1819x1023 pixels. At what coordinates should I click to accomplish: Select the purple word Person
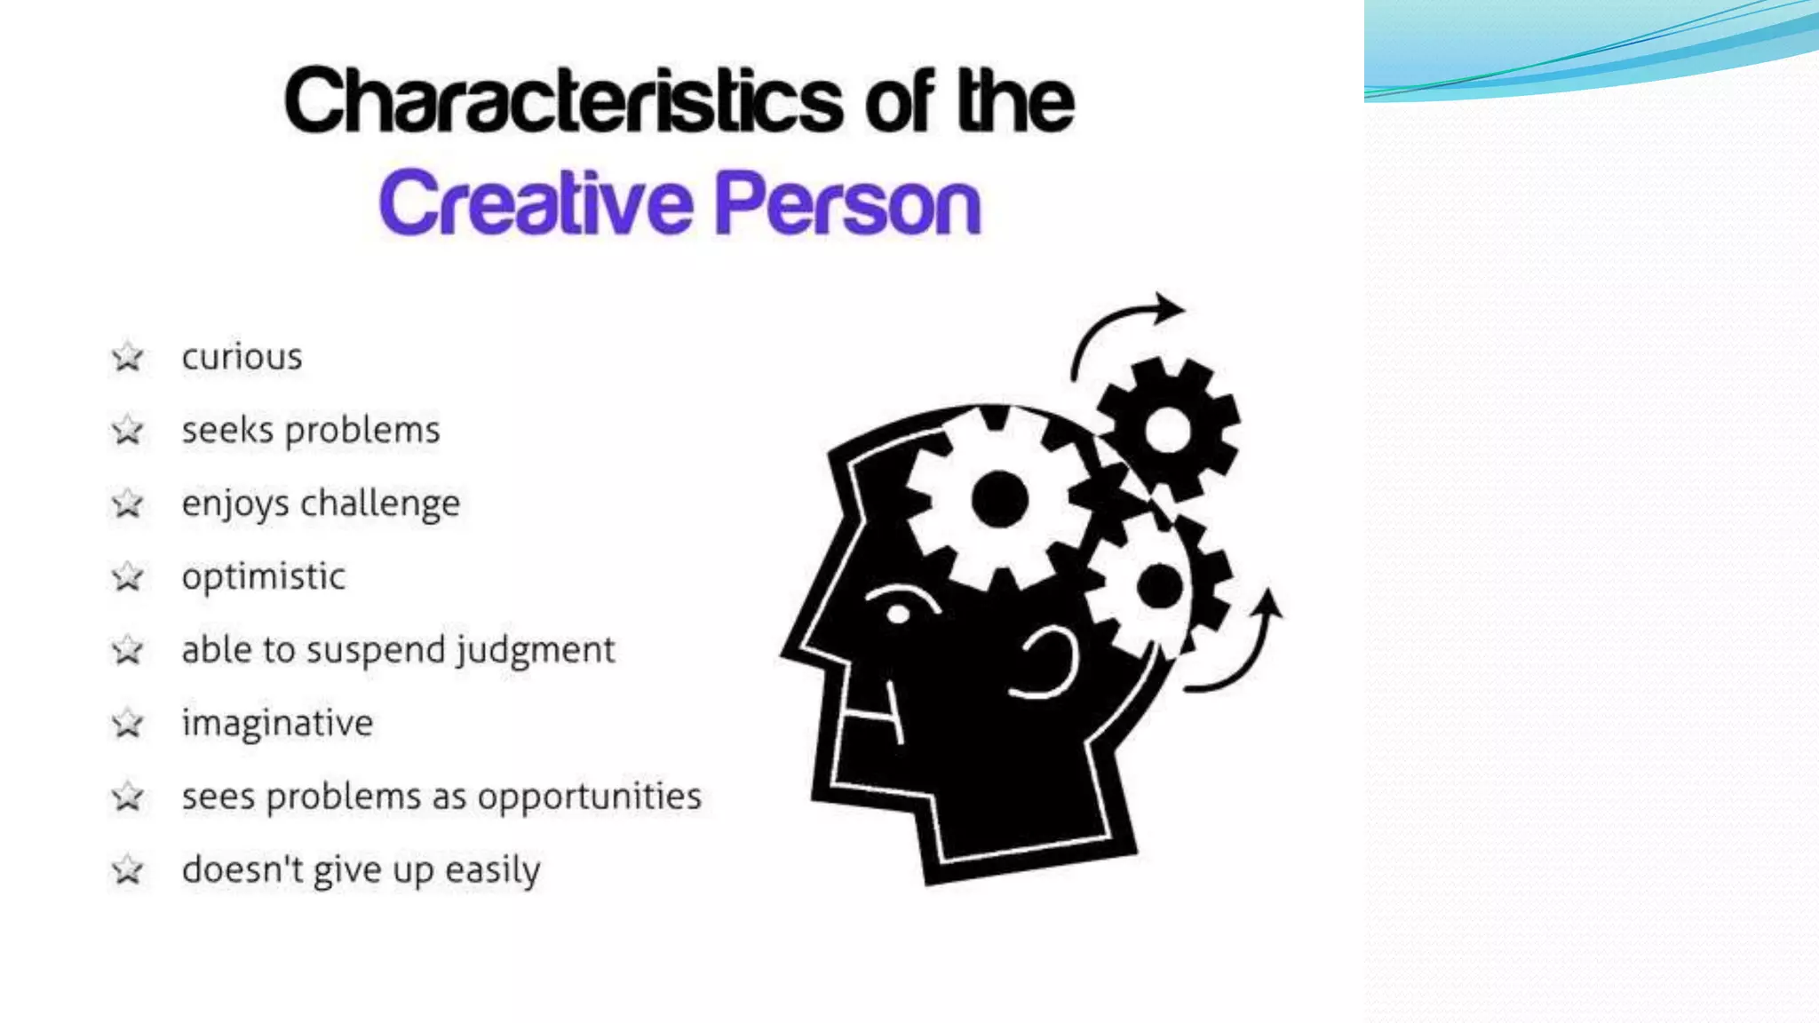click(847, 205)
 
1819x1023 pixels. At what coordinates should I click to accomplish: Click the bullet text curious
click(242, 357)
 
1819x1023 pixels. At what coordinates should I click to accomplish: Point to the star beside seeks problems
click(128, 431)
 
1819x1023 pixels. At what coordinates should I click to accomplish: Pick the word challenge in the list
click(380, 504)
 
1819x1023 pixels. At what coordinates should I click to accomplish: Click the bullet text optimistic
click(263, 577)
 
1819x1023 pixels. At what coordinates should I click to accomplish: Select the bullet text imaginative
click(277, 724)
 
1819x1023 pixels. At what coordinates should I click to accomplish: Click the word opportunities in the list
click(590, 797)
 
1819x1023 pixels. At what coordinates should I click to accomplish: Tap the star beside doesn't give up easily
click(128, 870)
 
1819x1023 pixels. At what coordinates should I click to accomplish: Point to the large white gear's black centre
click(1000, 500)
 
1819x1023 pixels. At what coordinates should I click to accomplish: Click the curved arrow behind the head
click(1243, 648)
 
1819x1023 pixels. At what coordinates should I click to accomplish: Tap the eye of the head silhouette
click(899, 614)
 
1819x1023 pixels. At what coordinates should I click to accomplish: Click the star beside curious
click(128, 357)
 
